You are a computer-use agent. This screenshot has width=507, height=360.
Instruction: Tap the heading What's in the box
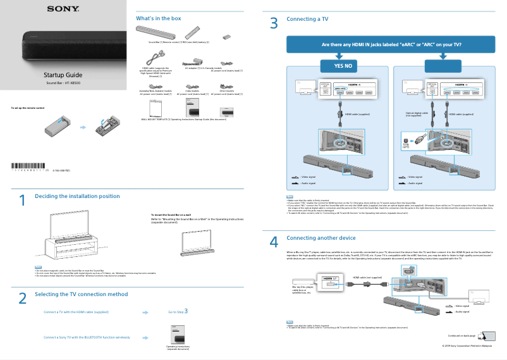tap(159, 18)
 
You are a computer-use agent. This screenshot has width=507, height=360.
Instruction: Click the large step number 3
tap(273, 24)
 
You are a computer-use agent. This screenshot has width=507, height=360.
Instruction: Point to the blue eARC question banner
tap(391, 45)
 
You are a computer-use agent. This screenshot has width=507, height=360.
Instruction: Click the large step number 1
tap(21, 201)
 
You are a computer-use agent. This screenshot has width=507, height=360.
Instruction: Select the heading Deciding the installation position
tap(77, 196)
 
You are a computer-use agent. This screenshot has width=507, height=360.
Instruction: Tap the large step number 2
tap(21, 298)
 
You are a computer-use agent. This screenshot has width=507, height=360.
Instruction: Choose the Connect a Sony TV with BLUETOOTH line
tap(87, 337)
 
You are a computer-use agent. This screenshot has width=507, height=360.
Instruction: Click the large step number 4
tap(273, 242)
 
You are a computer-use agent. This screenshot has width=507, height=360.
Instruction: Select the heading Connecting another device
tap(321, 238)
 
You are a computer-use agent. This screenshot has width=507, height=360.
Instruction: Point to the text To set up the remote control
tap(28, 108)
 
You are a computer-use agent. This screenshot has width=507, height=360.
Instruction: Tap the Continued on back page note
tap(463, 335)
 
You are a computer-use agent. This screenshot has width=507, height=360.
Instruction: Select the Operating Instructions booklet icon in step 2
tap(178, 334)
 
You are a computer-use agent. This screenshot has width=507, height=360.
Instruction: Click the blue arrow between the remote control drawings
tap(83, 127)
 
